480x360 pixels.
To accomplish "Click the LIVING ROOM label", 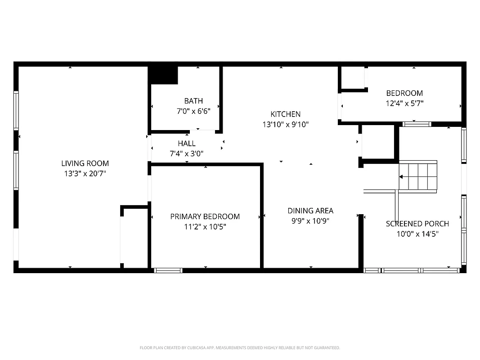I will click(85, 163).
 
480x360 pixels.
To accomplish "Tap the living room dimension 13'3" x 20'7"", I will click(85, 173).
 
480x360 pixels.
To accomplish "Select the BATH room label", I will click(193, 101).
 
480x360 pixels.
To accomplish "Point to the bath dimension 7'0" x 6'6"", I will click(193, 111).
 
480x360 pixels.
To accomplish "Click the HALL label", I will click(187, 144).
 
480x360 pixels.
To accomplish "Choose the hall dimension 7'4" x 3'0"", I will click(187, 153).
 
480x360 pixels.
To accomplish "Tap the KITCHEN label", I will click(285, 114).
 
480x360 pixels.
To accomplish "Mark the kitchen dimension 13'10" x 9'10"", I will click(285, 125).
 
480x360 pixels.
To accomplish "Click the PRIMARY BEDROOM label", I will click(205, 216).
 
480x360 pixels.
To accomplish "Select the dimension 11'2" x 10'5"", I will click(205, 227).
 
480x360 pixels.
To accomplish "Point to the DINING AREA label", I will click(310, 211).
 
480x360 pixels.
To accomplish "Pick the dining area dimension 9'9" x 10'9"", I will click(310, 221).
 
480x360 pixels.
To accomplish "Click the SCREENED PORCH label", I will click(417, 224).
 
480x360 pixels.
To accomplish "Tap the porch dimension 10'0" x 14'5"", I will click(417, 234).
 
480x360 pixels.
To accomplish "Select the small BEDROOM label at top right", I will click(404, 93).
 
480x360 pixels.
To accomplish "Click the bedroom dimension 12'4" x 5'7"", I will click(404, 103).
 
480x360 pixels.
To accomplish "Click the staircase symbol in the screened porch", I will click(418, 176).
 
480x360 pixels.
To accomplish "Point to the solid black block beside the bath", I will click(163, 75).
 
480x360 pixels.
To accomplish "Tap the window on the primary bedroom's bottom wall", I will click(168, 270).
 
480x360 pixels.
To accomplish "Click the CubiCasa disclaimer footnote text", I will click(240, 348).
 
